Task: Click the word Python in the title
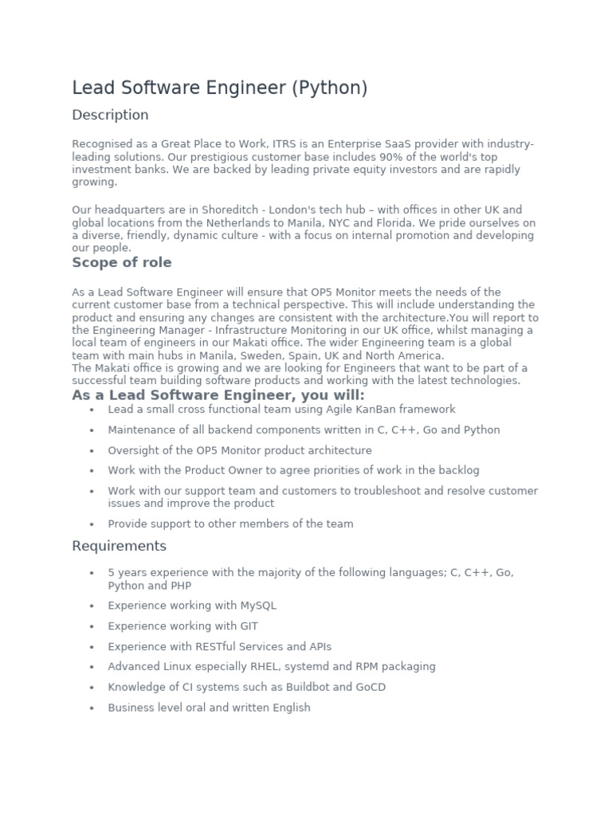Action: [x=329, y=88]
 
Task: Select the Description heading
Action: [x=110, y=115]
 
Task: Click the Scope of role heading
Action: [x=121, y=263]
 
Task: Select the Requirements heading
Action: [x=119, y=546]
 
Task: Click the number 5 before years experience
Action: [x=112, y=573]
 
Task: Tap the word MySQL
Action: [x=257, y=606]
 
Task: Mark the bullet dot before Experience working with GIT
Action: [x=92, y=627]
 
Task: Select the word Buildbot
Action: [x=305, y=687]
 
